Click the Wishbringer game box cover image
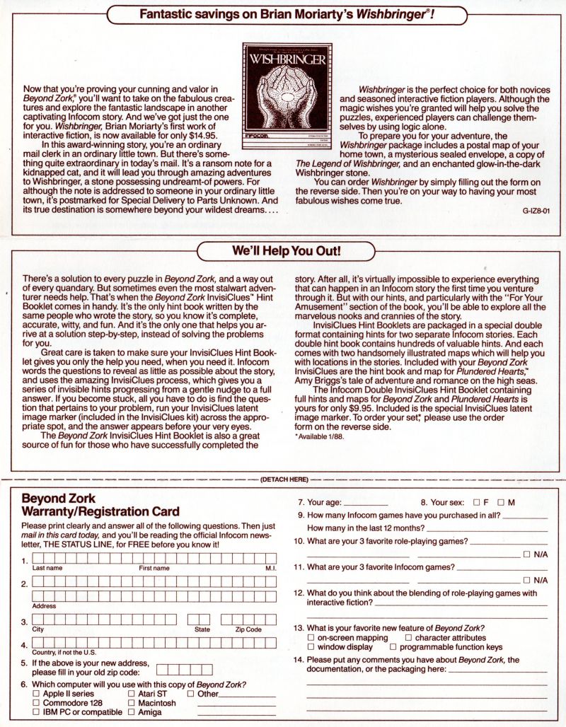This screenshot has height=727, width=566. coord(285,94)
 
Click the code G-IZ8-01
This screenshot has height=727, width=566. coord(536,210)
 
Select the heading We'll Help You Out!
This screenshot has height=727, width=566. coord(287,251)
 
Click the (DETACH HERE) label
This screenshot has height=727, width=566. coord(284,479)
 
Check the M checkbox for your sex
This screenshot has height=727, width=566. coord(500,502)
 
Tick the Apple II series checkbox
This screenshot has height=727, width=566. coord(37,694)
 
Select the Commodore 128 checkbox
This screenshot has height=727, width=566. coord(37,703)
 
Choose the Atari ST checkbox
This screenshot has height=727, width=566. coord(132,694)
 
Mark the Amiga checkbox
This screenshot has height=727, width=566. coord(132,713)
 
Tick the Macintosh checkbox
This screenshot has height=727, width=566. coord(132,703)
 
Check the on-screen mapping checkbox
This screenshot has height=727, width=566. coord(311,637)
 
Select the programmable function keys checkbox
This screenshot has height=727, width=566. coord(393,646)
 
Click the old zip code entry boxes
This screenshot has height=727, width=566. coord(184,668)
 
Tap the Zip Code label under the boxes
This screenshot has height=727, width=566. coord(248,629)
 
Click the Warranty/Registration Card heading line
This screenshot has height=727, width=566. coord(101,511)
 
